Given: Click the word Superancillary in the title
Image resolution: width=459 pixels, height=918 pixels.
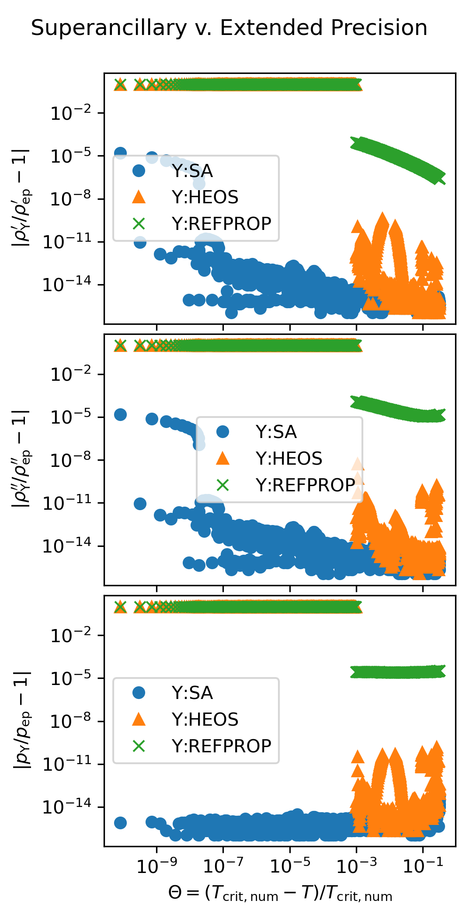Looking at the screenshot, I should [x=109, y=28].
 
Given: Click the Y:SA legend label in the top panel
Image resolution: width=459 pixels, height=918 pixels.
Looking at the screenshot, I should [x=192, y=171].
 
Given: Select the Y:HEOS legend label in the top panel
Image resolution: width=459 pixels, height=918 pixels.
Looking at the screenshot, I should [x=205, y=197].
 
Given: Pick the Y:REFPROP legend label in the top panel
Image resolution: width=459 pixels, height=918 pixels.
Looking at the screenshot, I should [x=221, y=223].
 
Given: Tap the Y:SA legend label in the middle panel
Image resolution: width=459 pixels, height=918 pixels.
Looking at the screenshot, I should [x=276, y=432].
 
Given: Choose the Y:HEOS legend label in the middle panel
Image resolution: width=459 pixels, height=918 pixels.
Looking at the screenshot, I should [x=289, y=459].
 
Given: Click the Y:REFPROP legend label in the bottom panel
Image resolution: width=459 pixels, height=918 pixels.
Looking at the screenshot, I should [x=221, y=746].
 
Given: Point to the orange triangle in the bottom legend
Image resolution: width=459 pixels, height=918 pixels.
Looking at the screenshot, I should [x=139, y=719].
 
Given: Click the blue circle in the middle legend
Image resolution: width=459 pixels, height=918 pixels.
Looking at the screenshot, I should [x=223, y=432].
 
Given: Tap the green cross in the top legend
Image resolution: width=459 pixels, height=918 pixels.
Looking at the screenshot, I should [x=139, y=224].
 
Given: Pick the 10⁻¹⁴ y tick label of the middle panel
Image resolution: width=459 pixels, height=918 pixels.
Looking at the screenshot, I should [x=66, y=546].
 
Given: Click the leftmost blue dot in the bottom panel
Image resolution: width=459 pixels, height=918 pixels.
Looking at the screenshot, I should [x=120, y=823].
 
